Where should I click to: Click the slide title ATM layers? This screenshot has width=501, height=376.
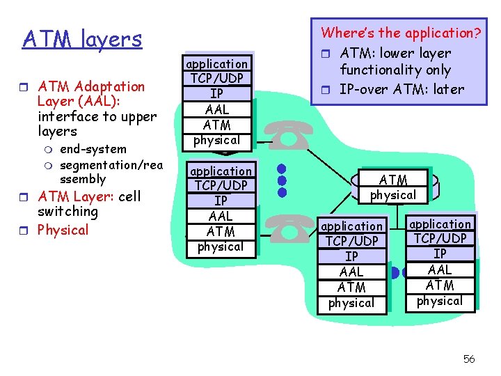[x=82, y=39]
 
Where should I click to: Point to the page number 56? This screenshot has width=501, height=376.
[x=469, y=359]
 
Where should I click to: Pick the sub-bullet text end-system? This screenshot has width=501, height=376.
[x=93, y=149]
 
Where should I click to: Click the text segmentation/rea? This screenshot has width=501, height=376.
[x=111, y=164]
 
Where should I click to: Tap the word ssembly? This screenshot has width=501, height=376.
[x=83, y=179]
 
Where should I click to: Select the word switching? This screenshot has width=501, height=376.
[x=67, y=212]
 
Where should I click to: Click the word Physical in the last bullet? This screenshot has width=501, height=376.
[x=63, y=230]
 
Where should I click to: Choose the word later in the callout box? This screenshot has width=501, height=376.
[x=448, y=89]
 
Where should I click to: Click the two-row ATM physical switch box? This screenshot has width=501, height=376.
[x=393, y=187]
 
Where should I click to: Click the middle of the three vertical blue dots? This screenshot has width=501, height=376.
[x=281, y=181]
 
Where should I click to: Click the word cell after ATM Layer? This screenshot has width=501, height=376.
[x=129, y=196]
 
